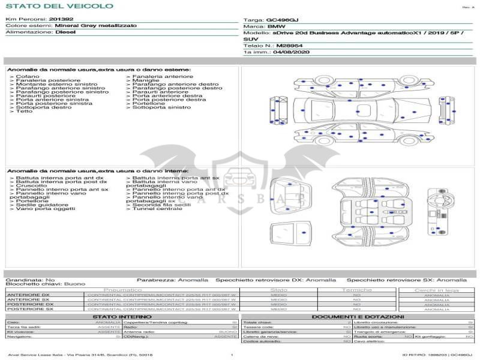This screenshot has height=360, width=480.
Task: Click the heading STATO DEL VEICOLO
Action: point(59,6)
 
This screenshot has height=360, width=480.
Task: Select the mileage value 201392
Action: point(61,19)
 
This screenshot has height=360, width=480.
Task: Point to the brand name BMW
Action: point(276,26)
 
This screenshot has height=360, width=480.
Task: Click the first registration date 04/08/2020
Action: point(291,52)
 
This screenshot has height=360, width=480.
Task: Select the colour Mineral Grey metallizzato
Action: point(95,26)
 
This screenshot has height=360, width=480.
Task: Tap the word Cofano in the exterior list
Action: point(28,77)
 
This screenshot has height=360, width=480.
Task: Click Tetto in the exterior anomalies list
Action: point(25,111)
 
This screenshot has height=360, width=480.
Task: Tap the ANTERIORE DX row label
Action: point(28,295)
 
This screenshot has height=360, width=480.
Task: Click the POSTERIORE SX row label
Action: point(28,309)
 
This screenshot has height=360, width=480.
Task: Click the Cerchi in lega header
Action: point(436,290)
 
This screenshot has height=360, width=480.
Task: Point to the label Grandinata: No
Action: point(30,280)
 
